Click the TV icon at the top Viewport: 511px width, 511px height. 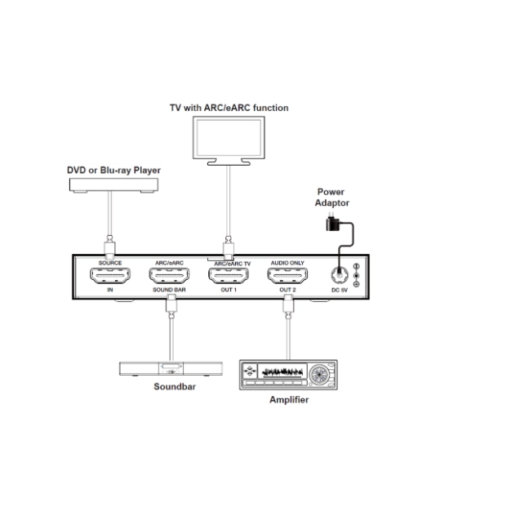click(x=229, y=140)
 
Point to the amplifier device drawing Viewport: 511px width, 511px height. click(x=288, y=375)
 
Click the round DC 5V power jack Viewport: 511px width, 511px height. click(x=338, y=275)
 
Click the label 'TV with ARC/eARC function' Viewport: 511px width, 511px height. click(x=229, y=107)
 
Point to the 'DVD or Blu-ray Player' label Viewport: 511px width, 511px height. click(x=113, y=170)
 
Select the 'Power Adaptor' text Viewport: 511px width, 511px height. click(x=333, y=198)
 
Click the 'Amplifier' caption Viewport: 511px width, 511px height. click(x=289, y=400)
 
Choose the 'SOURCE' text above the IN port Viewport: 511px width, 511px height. click(x=109, y=263)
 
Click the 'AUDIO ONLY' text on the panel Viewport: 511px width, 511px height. click(x=287, y=263)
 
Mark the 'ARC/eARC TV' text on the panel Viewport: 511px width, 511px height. click(x=232, y=264)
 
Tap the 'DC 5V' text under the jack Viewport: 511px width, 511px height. click(x=338, y=291)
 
